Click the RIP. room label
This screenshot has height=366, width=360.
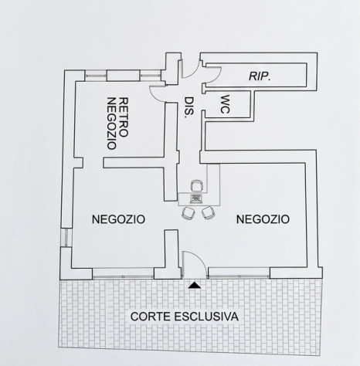point(260,76)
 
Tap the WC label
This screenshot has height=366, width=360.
point(225,104)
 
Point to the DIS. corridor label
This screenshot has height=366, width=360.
point(189,107)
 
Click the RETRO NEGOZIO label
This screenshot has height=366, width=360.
point(117,124)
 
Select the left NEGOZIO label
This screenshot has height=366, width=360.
point(118,219)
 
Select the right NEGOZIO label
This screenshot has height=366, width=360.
point(263,219)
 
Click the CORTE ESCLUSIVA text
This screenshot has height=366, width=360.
point(185,317)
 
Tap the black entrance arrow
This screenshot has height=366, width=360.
point(195,285)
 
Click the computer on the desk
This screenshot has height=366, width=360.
point(195,198)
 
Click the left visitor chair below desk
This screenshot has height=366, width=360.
point(188,213)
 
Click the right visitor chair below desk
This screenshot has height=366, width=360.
point(208,213)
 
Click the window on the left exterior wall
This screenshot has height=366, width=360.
point(66,237)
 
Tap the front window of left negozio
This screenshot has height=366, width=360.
point(123,276)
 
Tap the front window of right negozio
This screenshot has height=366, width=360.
point(239,276)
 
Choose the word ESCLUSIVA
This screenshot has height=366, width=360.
point(207,317)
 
